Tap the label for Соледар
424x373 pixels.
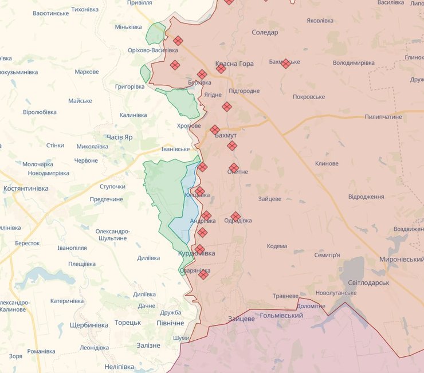(x=265, y=33)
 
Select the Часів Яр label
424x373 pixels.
(x=119, y=138)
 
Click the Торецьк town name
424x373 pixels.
(x=127, y=323)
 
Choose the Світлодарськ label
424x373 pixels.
(x=368, y=283)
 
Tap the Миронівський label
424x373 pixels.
(x=401, y=260)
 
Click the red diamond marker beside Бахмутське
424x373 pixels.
(x=285, y=64)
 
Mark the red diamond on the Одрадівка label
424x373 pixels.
(x=235, y=217)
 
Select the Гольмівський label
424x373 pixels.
(x=281, y=316)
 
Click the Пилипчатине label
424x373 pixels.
(x=383, y=117)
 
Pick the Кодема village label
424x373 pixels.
(x=277, y=246)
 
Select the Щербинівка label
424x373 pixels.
(x=89, y=325)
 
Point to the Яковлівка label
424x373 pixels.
(x=320, y=21)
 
